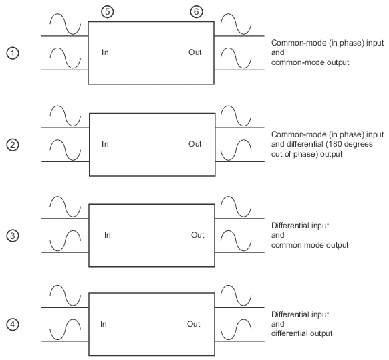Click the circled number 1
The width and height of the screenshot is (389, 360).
click(13, 53)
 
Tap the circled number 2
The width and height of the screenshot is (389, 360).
click(13, 145)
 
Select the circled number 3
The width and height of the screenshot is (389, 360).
click(13, 236)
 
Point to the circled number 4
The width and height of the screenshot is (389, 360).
click(13, 325)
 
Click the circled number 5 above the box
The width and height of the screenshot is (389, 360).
click(108, 11)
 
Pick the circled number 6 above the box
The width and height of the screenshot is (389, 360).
click(197, 11)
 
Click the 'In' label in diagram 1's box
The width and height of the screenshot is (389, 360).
click(105, 52)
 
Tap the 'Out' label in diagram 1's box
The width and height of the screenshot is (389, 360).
click(195, 52)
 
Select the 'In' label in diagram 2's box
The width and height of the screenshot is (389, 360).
click(105, 144)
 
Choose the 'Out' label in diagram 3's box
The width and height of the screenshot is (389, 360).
click(198, 235)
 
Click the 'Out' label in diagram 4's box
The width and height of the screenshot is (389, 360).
click(194, 324)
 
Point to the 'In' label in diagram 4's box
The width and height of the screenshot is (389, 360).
click(104, 324)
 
